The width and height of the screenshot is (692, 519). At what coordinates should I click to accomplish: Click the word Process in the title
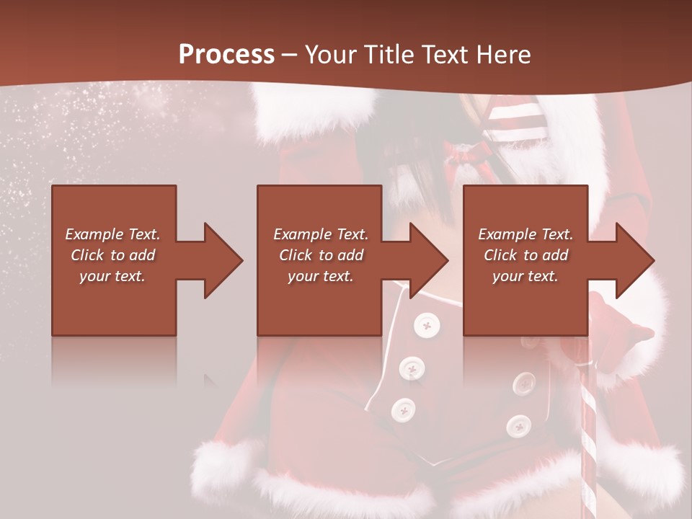tap(226, 54)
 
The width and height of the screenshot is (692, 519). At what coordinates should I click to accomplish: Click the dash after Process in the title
tap(290, 56)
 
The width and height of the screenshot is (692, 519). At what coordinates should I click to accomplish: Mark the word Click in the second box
tap(296, 255)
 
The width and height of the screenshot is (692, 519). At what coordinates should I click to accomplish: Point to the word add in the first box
tap(143, 255)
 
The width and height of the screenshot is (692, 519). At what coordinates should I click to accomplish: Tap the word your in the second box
tap(303, 276)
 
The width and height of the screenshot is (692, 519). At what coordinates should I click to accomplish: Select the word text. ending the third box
tap(542, 276)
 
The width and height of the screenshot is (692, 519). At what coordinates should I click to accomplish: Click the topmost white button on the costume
tap(427, 327)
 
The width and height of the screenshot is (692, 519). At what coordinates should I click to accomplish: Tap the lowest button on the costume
tap(518, 425)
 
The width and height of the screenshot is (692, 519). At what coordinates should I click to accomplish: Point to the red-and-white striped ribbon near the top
tap(515, 119)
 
